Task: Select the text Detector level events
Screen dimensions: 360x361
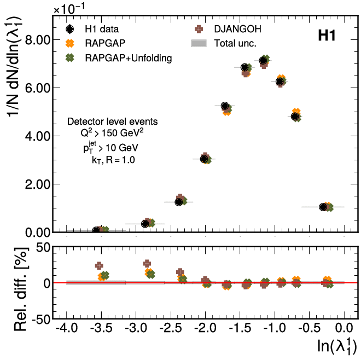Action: click(112, 121)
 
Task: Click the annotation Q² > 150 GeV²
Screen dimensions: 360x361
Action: click(112, 133)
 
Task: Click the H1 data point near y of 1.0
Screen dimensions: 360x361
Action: click(323, 207)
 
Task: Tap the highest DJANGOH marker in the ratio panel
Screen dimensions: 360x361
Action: click(147, 264)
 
